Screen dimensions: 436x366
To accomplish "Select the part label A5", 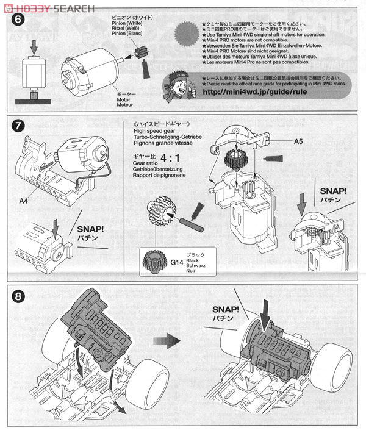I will tap(298, 141).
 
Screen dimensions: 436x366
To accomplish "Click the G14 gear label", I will tap(160, 262).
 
